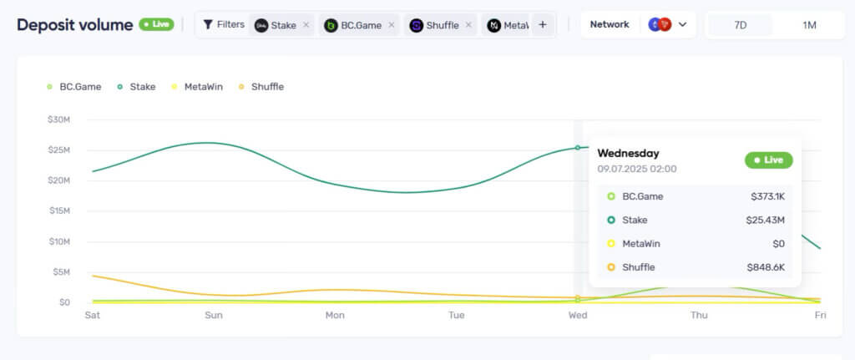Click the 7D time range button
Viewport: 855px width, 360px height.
click(740, 25)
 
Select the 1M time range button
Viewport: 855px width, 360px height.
click(809, 25)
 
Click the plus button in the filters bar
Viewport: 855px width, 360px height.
click(543, 25)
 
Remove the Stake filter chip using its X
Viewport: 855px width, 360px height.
click(306, 25)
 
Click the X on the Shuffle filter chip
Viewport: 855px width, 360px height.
click(468, 25)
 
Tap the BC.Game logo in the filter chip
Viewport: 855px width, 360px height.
click(331, 25)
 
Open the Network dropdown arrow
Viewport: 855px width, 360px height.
click(682, 25)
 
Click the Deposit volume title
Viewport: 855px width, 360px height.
click(75, 25)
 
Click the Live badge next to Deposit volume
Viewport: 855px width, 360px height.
click(156, 24)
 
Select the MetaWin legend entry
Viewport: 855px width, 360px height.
click(203, 86)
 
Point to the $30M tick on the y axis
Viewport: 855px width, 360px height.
click(58, 119)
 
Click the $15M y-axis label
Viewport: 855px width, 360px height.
click(58, 210)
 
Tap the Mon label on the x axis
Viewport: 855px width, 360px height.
click(335, 315)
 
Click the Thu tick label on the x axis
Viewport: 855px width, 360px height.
click(699, 315)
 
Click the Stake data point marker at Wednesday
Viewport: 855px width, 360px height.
click(578, 148)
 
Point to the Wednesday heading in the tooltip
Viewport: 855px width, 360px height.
click(628, 154)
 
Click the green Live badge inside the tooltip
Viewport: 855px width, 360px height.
click(768, 160)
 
